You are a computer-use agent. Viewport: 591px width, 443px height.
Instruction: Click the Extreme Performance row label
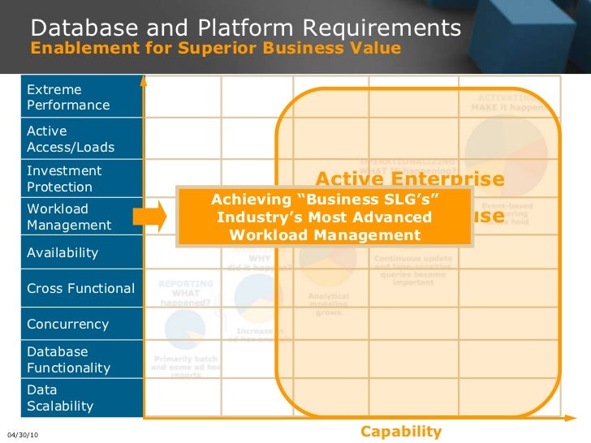tap(68, 97)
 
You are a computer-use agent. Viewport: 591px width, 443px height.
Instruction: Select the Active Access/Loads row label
tap(71, 139)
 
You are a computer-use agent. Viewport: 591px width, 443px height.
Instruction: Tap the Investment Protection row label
tap(64, 178)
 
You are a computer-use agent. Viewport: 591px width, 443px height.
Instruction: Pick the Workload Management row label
tap(69, 217)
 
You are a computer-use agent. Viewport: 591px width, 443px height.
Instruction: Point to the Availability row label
tap(63, 252)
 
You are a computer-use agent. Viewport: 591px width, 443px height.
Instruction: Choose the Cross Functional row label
tap(80, 288)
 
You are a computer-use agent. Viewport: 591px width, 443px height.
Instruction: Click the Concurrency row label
tap(67, 324)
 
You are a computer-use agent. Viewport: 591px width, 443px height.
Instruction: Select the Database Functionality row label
tap(68, 359)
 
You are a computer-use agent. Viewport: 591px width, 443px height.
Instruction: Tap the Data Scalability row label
tap(60, 398)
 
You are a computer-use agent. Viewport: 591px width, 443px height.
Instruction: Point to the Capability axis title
tap(401, 432)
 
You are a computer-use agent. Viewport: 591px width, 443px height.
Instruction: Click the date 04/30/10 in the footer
tap(22, 436)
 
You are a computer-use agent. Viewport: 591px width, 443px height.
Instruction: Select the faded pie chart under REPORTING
tap(184, 329)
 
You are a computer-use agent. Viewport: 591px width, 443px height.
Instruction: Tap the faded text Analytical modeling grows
tap(328, 303)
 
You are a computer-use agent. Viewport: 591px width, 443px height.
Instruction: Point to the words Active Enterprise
tap(409, 179)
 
